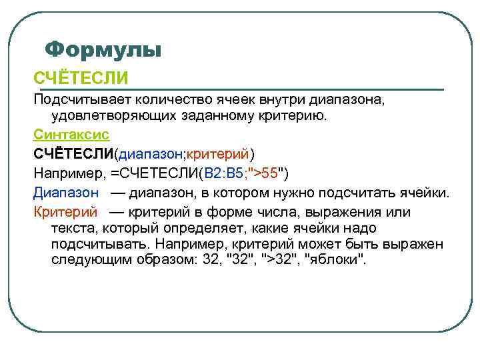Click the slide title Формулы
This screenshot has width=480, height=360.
[103, 49]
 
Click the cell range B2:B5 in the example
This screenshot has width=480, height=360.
[225, 174]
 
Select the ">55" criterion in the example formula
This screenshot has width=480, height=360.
[265, 174]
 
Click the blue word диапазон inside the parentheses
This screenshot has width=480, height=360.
[151, 155]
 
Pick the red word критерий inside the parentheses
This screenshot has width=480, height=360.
[217, 155]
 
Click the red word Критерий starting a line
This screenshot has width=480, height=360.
[65, 213]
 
